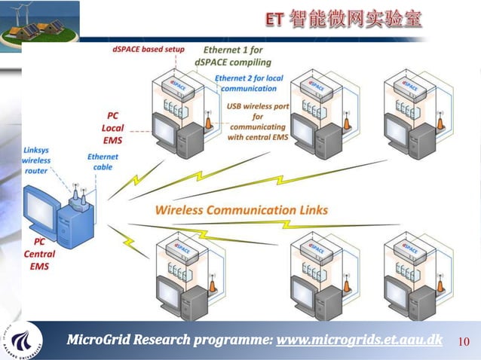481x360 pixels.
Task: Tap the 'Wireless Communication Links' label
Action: [241, 209]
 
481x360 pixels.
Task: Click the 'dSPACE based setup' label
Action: [148, 50]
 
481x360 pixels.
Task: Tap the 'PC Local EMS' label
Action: [112, 128]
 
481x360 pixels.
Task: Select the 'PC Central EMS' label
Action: [38, 255]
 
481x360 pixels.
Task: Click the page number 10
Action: [464, 342]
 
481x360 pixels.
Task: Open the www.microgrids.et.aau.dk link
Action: [360, 340]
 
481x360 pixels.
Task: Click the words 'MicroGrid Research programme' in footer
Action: [170, 340]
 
